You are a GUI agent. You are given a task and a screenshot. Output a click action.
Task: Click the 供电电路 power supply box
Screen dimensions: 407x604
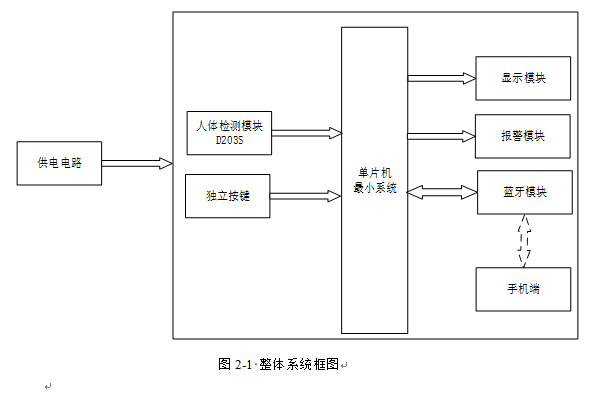(60, 164)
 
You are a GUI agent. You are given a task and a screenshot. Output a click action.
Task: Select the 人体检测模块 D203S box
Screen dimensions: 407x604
(229, 133)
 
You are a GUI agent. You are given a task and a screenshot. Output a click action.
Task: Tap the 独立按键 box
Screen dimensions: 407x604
(229, 196)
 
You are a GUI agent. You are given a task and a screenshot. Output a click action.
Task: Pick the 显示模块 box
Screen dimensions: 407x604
(524, 78)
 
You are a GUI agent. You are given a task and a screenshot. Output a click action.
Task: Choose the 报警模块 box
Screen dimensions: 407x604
(524, 135)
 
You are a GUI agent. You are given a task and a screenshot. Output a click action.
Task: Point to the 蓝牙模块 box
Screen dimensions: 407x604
(524, 192)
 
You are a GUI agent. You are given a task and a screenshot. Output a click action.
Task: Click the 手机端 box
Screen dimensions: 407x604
(524, 289)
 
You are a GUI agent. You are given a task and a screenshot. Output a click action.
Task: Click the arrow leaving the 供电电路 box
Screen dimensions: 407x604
(136, 164)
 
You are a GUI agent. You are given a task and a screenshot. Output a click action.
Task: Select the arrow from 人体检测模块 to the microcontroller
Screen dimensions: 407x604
(306, 133)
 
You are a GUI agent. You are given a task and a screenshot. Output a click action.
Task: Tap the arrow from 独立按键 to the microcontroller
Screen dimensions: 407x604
(306, 196)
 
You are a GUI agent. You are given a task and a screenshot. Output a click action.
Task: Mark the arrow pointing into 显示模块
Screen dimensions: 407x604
(442, 78)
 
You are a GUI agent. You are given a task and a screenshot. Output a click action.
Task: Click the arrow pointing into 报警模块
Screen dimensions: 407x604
(442, 135)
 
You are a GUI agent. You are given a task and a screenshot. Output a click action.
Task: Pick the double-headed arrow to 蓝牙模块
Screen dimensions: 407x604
(442, 191)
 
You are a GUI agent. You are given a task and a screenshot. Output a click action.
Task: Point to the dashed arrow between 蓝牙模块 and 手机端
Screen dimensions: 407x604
(524, 240)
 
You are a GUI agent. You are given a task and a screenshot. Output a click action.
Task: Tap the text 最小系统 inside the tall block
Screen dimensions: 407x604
(375, 187)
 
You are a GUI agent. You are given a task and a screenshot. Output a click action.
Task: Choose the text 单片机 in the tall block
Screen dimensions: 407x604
(375, 173)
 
